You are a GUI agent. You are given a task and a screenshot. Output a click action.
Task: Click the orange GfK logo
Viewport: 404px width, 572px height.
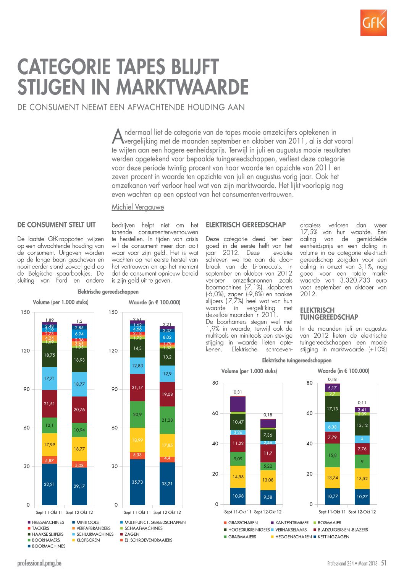click(373, 23)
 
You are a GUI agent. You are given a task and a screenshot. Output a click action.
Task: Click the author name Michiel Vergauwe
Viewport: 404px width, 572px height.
click(138, 207)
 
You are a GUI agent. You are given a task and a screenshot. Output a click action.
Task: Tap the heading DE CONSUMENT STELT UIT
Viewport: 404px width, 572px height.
click(57, 225)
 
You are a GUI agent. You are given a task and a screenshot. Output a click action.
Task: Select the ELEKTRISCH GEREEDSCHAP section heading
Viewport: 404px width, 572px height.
click(246, 225)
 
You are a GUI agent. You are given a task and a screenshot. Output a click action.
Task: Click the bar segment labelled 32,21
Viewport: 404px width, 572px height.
click(50, 484)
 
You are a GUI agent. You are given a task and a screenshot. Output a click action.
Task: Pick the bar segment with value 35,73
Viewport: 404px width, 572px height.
click(137, 482)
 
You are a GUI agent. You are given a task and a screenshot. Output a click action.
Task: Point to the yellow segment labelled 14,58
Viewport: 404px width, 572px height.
click(238, 477)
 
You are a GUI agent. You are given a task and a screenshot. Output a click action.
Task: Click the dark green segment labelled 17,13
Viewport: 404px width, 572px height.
click(332, 409)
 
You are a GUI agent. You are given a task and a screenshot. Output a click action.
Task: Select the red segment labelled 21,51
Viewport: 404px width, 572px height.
click(50, 404)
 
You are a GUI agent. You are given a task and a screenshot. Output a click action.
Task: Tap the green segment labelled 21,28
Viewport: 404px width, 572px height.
click(167, 420)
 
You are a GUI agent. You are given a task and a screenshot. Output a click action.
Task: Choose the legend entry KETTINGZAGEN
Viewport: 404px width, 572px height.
click(331, 537)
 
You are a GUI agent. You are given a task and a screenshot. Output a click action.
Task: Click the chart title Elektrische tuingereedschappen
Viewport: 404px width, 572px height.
click(297, 360)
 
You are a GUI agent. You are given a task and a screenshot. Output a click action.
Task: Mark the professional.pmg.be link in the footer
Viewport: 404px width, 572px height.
click(39, 563)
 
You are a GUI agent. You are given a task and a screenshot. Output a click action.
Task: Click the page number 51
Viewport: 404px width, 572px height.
click(384, 563)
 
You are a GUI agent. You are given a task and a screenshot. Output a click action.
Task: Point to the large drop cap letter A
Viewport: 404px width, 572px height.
click(118, 136)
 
